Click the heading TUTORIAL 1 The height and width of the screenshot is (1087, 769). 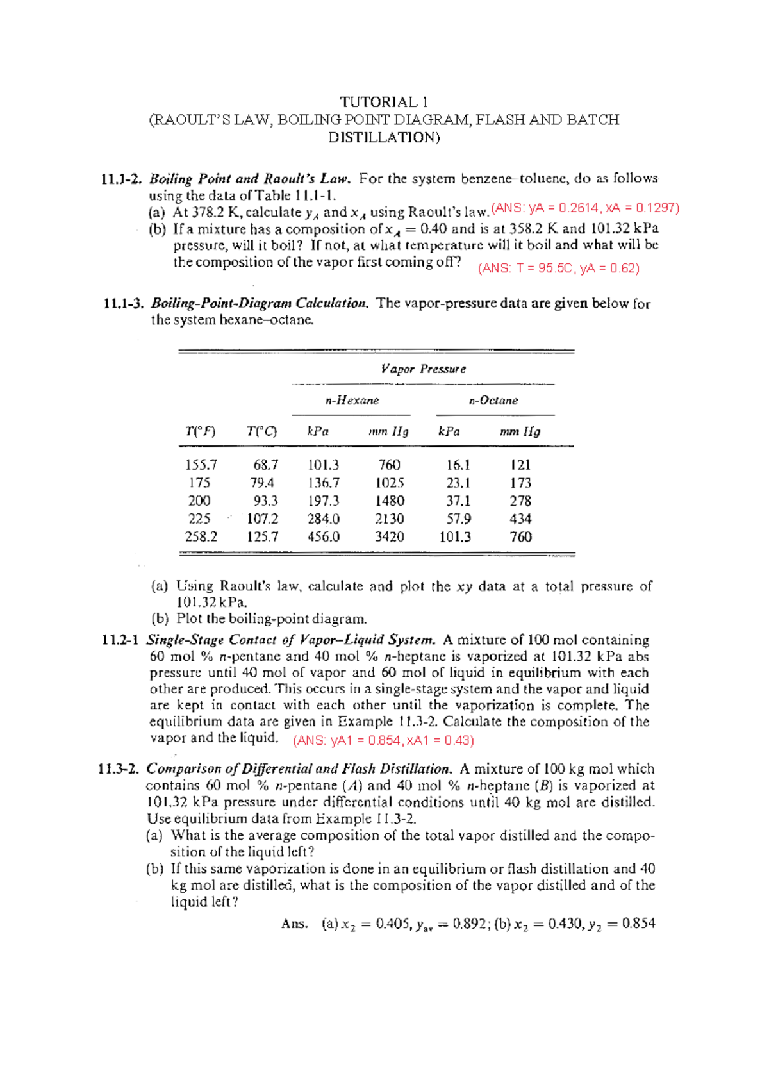384,102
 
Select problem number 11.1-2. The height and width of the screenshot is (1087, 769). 122,179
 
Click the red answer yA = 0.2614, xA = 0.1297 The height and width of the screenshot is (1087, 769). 584,208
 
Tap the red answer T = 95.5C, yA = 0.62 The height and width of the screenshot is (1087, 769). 559,268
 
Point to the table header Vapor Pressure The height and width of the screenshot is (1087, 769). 423,369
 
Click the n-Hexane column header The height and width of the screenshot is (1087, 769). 352,401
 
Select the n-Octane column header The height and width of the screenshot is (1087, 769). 493,401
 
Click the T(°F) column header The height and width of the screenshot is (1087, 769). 201,431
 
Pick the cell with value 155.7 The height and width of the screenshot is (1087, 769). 201,465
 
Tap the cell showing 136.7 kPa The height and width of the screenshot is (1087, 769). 324,483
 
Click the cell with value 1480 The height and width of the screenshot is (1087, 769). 390,501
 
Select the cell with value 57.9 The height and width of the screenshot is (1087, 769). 458,519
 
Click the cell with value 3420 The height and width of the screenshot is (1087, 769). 390,536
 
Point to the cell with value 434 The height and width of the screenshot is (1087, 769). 520,519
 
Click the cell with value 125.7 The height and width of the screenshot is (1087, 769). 263,536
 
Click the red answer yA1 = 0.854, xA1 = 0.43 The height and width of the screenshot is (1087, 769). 383,740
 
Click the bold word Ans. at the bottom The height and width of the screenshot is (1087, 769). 294,924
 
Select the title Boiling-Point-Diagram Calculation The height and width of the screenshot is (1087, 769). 260,303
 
